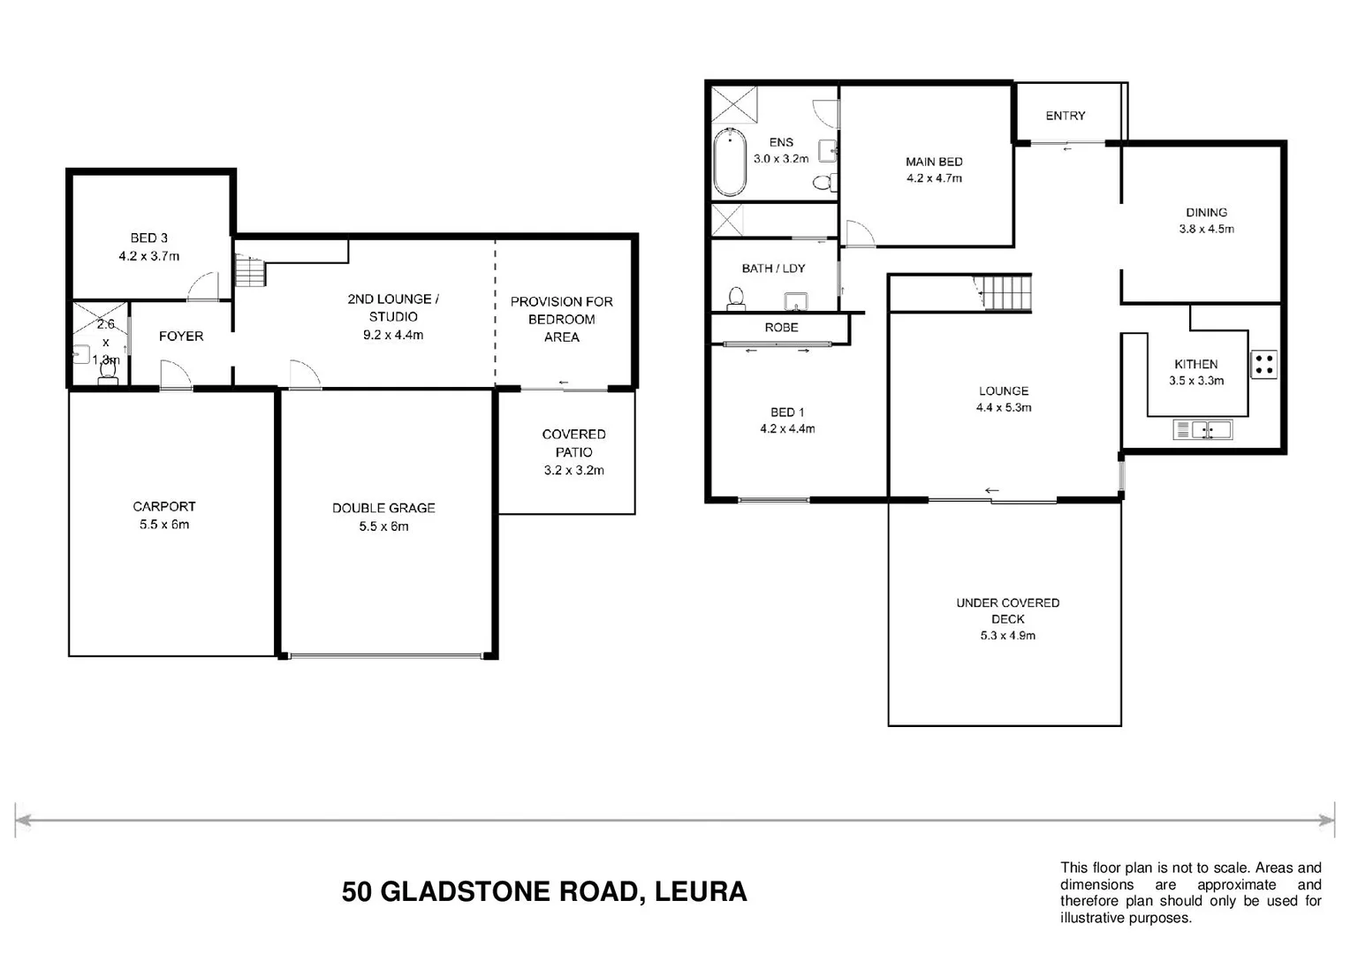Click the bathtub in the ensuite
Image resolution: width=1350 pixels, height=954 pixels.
coord(730,163)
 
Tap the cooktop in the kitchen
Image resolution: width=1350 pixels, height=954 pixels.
coord(1263,364)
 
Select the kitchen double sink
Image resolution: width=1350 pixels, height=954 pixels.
coord(1202,430)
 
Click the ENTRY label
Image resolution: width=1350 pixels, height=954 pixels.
coord(1065,116)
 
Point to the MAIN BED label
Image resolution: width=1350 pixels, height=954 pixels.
coord(934,162)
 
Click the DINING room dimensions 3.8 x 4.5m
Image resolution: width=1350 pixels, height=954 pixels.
coord(1206,229)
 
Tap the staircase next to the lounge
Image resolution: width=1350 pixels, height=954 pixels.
coord(1006,292)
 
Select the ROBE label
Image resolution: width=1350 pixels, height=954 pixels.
coord(781,327)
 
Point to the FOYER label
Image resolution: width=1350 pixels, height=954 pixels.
coord(181,336)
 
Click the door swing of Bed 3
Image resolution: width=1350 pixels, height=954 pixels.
coord(203,286)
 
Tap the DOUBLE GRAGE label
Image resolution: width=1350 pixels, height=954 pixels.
coord(383,508)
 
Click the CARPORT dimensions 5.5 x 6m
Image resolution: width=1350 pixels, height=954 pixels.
coord(164,524)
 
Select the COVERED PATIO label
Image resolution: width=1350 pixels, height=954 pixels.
coord(573,443)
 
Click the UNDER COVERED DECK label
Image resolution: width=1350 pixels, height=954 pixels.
coord(1007,610)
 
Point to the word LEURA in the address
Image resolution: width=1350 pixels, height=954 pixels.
coord(703,892)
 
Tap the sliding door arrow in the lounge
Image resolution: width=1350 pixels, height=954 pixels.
coord(991,491)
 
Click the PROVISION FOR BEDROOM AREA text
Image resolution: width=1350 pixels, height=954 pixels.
coord(561,319)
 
